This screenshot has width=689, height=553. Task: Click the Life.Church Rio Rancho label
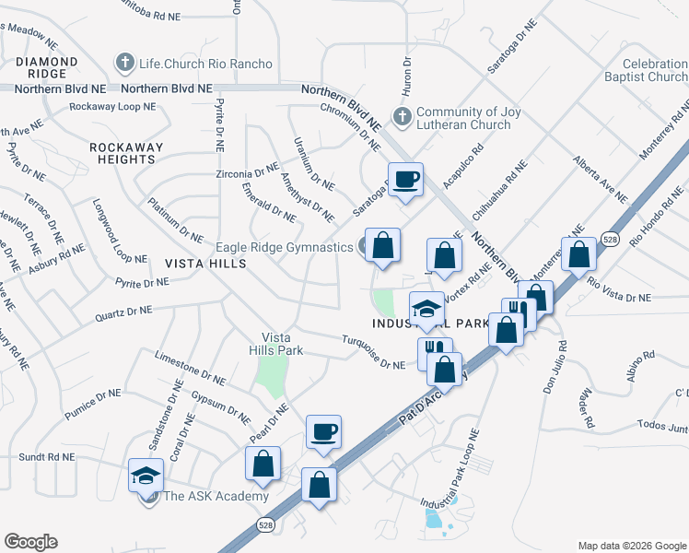[205, 64]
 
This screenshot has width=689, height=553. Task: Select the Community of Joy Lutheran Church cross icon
[401, 118]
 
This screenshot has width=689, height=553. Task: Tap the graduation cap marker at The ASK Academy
[146, 477]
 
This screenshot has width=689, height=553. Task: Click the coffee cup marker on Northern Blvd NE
[404, 180]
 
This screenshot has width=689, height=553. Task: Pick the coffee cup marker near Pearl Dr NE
[323, 431]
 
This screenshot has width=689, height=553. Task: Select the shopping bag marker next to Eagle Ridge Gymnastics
[382, 246]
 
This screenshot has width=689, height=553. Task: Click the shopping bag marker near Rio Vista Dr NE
[579, 254]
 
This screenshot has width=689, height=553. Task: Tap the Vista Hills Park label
[275, 344]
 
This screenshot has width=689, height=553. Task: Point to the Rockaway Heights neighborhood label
[126, 153]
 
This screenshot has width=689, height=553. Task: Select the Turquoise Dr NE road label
[373, 365]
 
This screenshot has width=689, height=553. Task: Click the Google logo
[30, 542]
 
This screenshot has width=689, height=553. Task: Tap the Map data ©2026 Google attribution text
[632, 545]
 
